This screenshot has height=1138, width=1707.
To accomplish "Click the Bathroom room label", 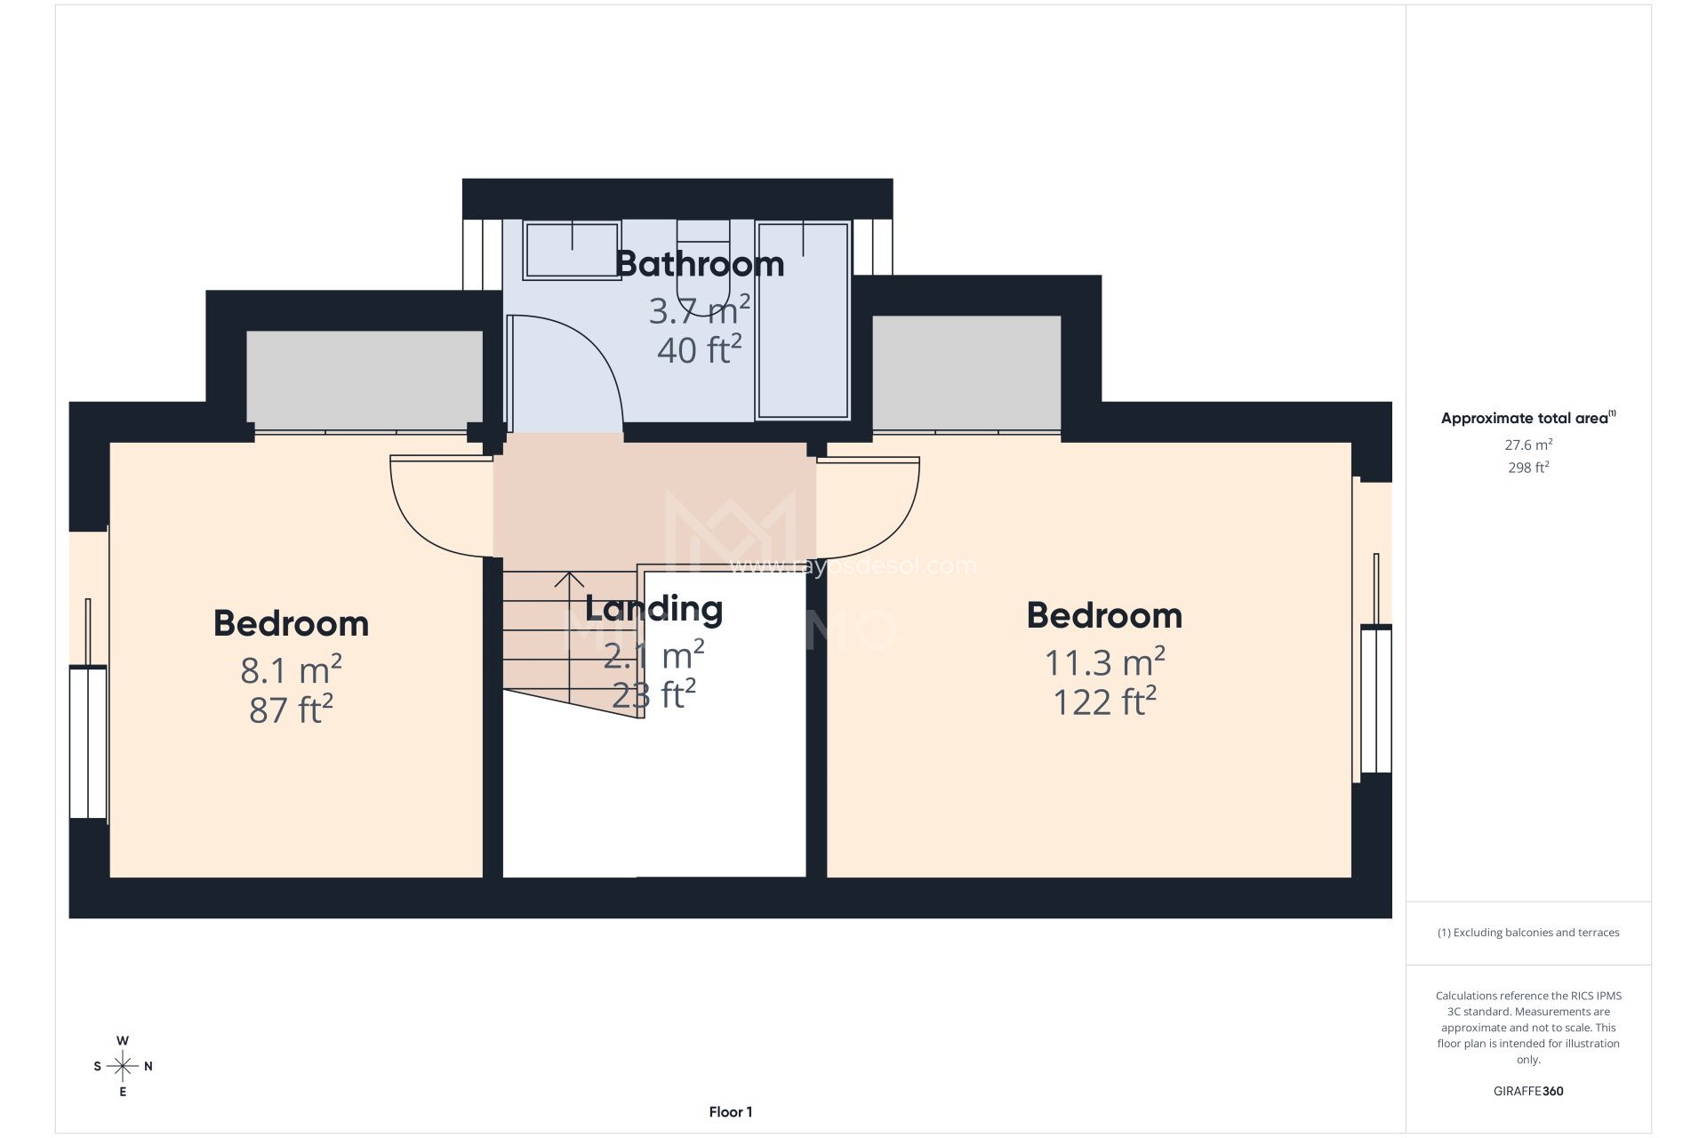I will (x=699, y=264).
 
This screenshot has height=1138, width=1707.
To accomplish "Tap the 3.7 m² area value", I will (x=699, y=311).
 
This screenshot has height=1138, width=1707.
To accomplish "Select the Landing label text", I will (x=653, y=609).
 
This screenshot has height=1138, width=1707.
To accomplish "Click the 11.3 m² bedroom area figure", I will (x=1103, y=662).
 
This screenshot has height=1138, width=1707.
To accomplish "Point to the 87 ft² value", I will (x=291, y=709).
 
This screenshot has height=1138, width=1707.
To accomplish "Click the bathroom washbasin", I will (x=572, y=250).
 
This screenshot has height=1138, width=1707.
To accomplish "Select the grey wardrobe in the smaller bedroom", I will (x=365, y=378).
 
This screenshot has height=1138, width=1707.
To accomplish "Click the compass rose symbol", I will (x=123, y=1066).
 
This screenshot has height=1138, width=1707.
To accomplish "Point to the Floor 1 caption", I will (x=730, y=1111).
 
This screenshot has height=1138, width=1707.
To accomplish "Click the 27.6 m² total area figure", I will (x=1528, y=445).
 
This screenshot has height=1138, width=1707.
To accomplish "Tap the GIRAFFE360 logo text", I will (x=1528, y=1091).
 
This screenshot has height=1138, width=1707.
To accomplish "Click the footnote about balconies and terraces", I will (x=1528, y=933).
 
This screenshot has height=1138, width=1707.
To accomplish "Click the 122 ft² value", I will (x=1103, y=702).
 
